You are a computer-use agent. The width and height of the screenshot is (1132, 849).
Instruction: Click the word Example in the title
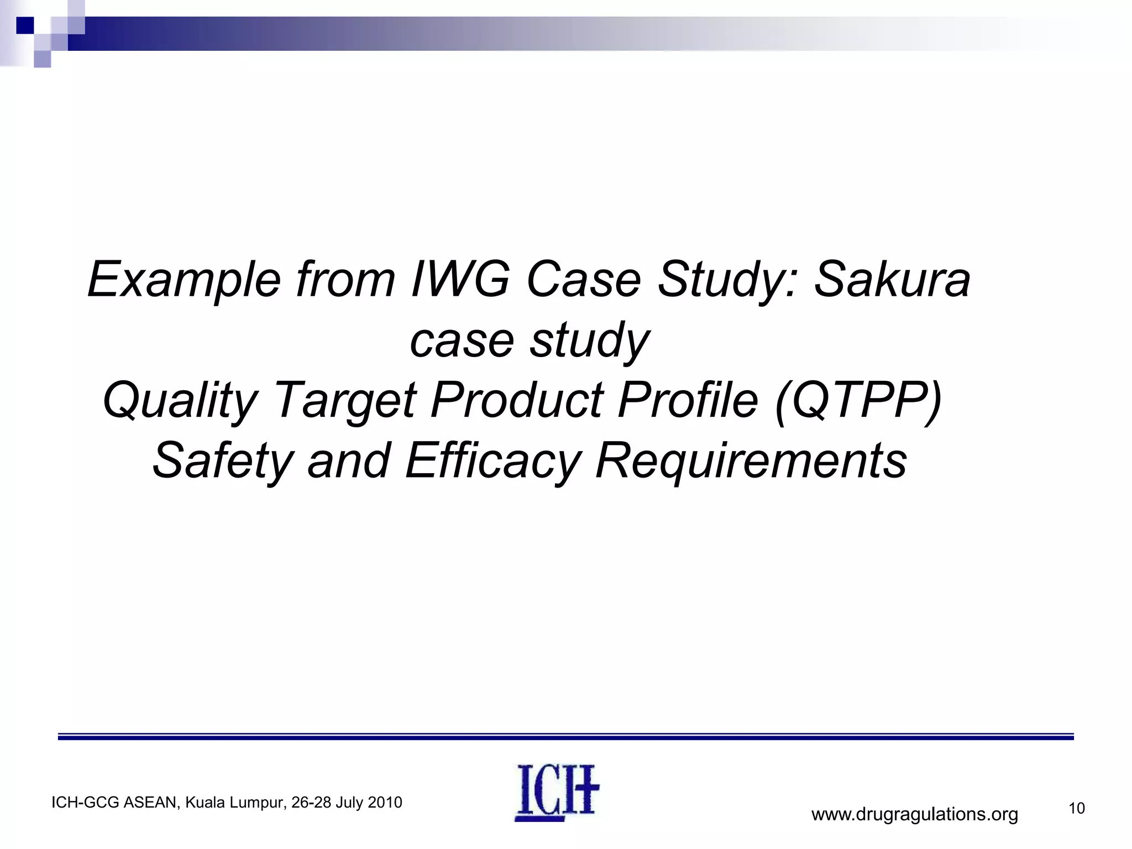tap(184, 280)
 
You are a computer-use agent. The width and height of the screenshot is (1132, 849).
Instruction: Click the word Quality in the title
tap(180, 400)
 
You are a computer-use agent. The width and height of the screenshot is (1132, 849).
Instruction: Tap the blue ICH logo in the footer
tap(557, 792)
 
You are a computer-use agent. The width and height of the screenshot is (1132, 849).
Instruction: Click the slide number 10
tap(1077, 809)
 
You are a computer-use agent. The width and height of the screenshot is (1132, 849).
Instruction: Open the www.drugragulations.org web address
tap(914, 815)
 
